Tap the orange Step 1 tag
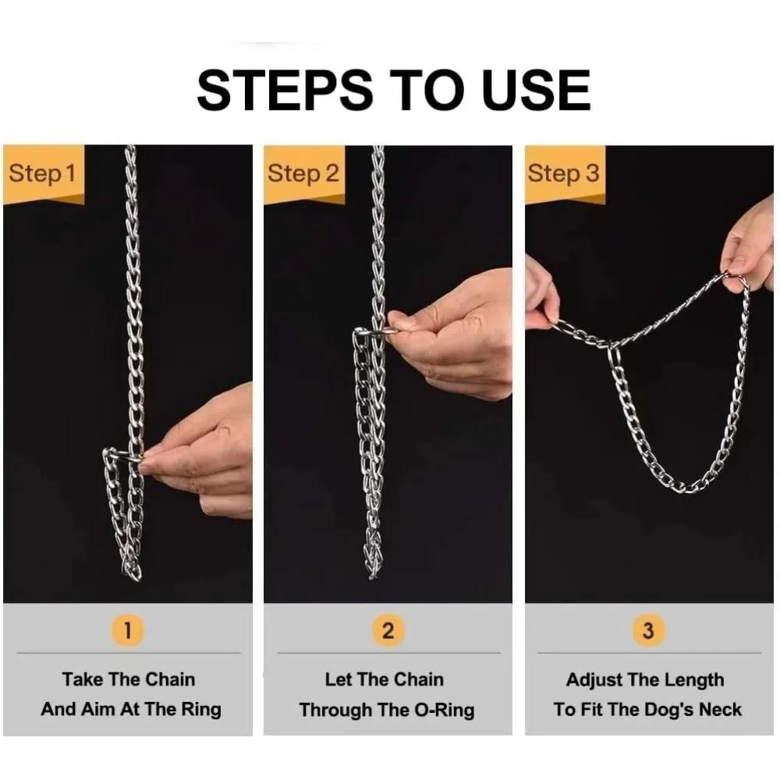42,173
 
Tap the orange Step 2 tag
303,173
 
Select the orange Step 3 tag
564,173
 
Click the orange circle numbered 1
128,629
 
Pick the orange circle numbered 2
388,629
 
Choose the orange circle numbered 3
648,629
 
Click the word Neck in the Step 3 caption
718,709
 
